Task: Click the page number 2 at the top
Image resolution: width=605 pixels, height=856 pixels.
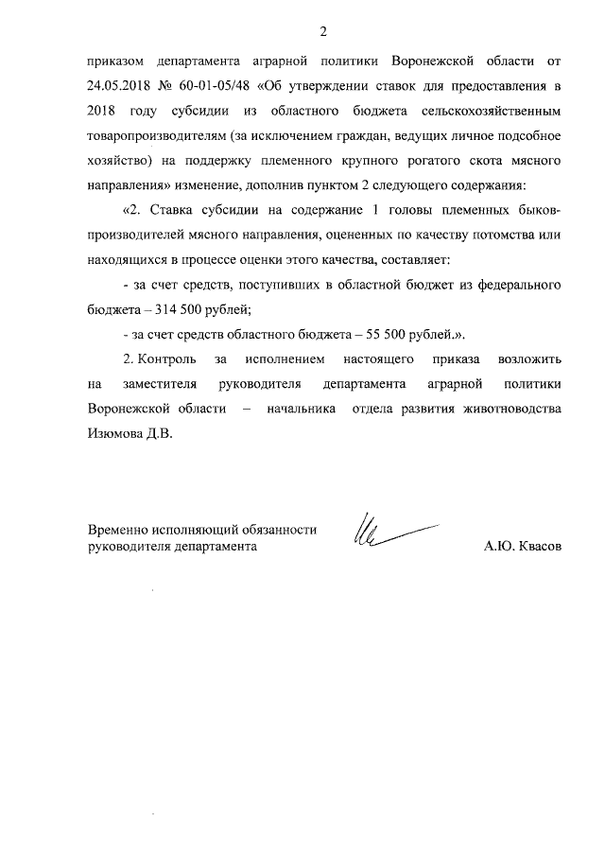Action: pyautogui.click(x=322, y=33)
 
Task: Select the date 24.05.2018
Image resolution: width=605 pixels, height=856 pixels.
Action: pyautogui.click(x=118, y=86)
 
